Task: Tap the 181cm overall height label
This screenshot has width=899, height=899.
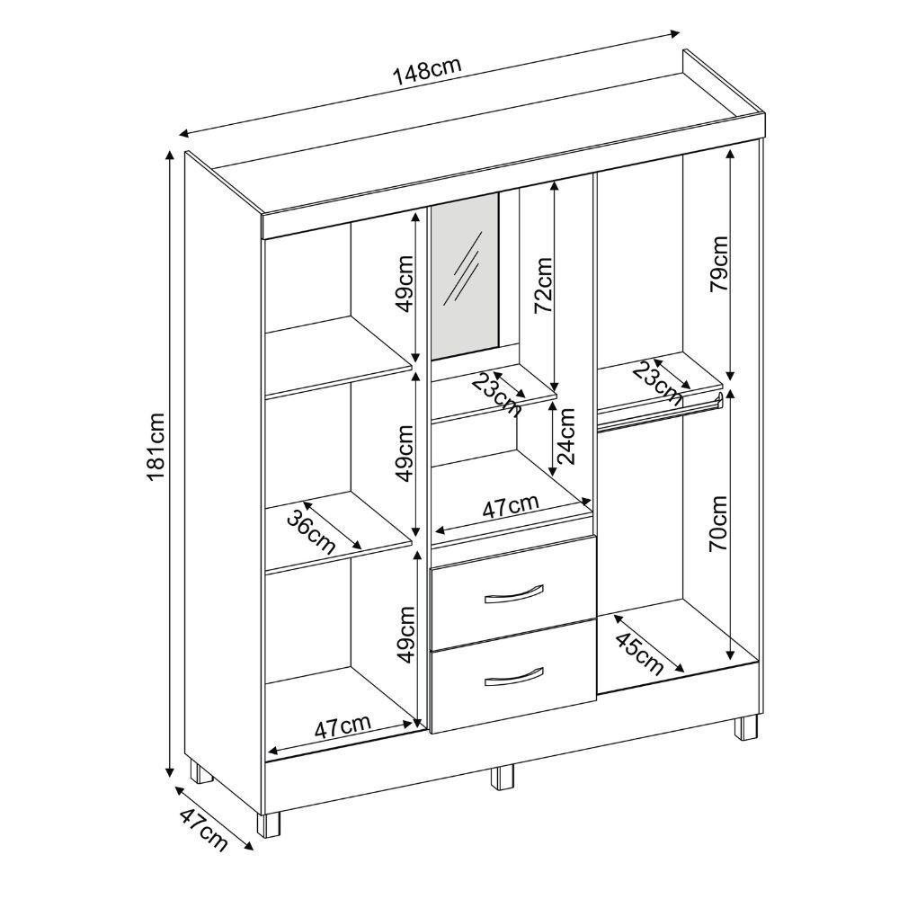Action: point(156,447)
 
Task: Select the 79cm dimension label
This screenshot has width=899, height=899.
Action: point(718,263)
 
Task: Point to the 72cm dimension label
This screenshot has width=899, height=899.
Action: point(542,286)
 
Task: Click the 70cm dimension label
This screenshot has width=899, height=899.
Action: point(717,523)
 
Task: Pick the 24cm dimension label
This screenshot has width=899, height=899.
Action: point(565,436)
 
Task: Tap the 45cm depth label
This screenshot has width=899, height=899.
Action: point(639,653)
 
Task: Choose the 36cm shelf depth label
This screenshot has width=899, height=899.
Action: point(311,532)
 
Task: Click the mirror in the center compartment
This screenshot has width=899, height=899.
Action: point(465,276)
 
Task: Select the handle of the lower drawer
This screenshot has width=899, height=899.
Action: point(513,677)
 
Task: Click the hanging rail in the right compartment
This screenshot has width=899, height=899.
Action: point(659,415)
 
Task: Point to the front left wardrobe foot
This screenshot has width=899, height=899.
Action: point(268,825)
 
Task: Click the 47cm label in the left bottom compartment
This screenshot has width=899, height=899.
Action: point(343,727)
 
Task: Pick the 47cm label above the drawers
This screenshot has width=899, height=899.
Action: point(511,506)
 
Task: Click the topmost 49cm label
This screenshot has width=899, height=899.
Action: point(405,284)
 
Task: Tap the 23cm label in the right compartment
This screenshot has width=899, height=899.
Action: point(658,381)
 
